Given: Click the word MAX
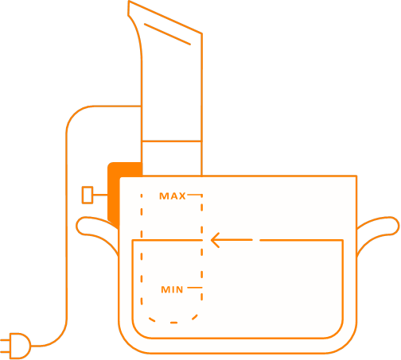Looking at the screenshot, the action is point(173,196).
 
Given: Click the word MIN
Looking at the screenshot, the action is point(172,289).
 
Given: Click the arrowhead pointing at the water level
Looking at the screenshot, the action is point(216,240).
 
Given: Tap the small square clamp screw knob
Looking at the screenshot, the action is point(88,195).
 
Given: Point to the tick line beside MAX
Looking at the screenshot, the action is point(195,195).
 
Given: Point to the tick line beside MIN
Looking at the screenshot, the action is point(195,288).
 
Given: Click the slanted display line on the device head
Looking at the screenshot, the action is point(167,34).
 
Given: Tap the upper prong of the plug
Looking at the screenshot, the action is point(5,340).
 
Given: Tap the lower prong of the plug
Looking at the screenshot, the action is point(5,352).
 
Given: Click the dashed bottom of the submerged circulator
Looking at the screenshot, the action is point(173,320).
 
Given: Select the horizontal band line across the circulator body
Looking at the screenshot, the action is point(172,141).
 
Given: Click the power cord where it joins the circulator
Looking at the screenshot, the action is point(141,106).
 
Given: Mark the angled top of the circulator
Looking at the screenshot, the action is point(165,17).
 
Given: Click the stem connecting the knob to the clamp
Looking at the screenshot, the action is point(100,195).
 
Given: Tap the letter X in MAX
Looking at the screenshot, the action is point(181,196).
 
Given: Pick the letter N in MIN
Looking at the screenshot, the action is point(179,289).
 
